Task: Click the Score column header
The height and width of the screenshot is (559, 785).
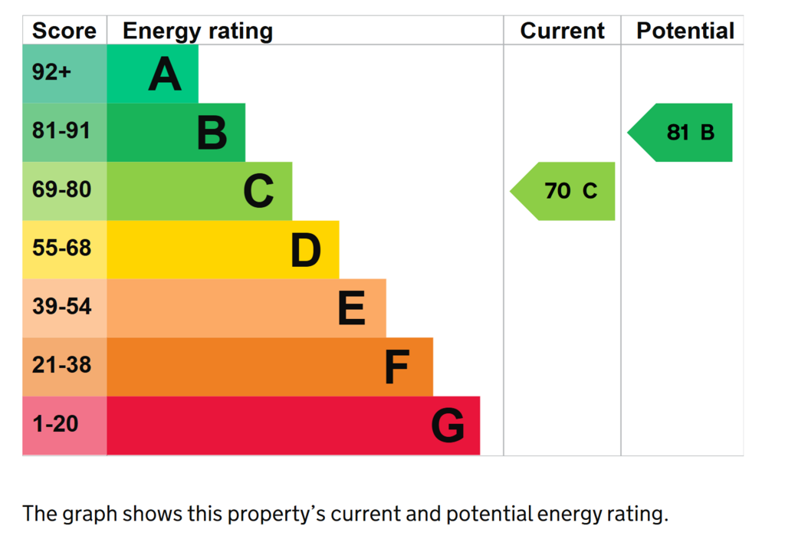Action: [64, 31]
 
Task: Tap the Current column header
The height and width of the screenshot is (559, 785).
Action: [562, 31]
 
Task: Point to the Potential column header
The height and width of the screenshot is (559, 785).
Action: [685, 31]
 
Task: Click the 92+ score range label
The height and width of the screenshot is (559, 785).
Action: [51, 72]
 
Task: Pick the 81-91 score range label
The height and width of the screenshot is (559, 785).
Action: [61, 130]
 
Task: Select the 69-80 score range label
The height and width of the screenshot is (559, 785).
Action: [61, 189]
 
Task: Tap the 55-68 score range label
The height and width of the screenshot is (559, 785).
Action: [61, 248]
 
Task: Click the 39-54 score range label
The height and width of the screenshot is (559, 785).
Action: [61, 307]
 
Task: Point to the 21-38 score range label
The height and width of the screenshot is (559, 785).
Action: [61, 365]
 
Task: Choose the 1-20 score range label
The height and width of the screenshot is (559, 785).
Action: [55, 424]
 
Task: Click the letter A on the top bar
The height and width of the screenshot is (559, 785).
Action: [165, 74]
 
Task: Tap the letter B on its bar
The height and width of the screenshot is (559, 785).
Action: [212, 132]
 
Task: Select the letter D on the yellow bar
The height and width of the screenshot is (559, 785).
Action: [306, 249]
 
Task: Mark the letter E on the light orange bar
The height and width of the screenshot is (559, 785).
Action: [351, 308]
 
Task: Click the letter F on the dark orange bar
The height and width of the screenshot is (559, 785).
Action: [397, 367]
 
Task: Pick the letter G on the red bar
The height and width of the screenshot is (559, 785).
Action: [448, 426]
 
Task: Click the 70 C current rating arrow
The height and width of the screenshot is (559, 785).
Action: [563, 192]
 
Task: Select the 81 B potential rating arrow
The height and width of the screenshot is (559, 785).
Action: [680, 133]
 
